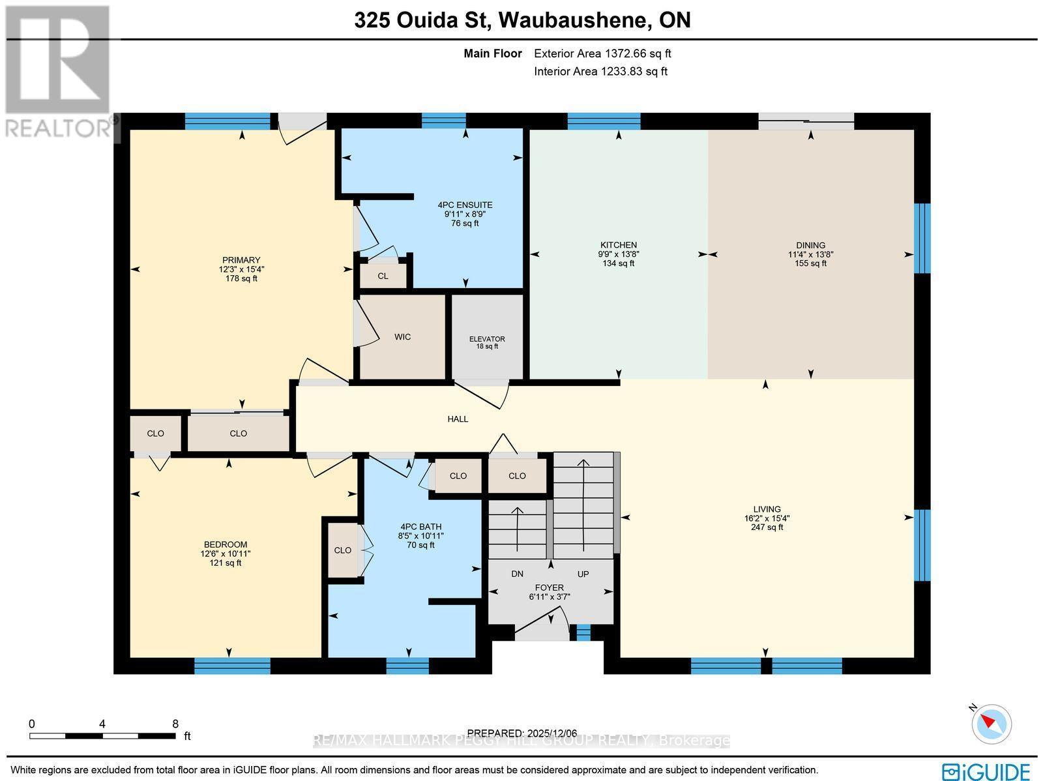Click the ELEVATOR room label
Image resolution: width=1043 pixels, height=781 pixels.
point(487,339)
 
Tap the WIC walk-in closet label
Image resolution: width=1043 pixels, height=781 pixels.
point(402,337)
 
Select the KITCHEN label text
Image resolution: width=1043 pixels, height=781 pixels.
point(619,245)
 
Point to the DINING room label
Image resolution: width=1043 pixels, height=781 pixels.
point(810,246)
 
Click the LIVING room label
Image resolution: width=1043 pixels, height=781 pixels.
point(767,510)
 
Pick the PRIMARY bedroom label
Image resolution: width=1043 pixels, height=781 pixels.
point(241,260)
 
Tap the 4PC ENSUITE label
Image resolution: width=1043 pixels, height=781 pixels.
point(465,205)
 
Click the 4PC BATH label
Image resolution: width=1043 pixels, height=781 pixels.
point(421,527)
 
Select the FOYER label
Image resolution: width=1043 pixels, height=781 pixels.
point(550,587)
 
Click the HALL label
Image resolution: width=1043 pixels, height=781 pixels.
point(458,419)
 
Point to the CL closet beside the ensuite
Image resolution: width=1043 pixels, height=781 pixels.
point(383,276)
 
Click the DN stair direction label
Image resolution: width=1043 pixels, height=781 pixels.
point(517,574)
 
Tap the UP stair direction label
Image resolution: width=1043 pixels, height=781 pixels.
point(583,574)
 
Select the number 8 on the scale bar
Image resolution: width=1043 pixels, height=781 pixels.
point(175,724)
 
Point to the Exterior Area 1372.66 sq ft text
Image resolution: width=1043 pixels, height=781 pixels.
point(602,54)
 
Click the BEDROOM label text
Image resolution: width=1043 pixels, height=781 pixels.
point(226,545)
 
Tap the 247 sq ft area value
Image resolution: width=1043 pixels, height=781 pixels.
point(767,527)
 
